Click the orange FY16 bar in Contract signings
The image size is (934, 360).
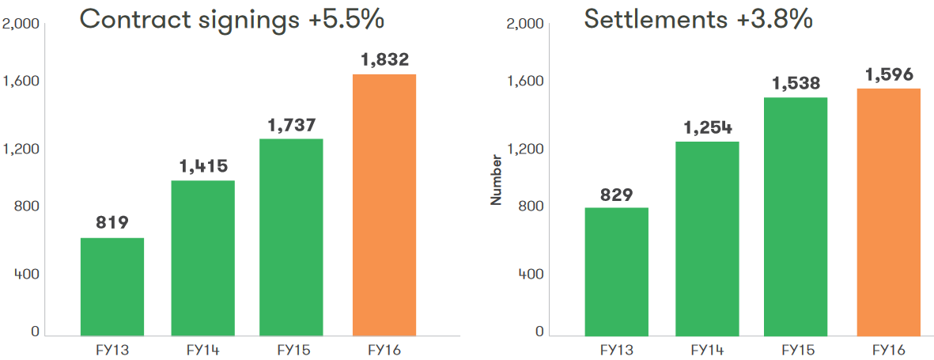click(x=384, y=204)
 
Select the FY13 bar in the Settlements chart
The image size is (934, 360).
click(x=616, y=271)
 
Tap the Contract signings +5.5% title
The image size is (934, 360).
click(x=232, y=19)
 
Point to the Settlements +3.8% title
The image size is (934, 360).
click(x=698, y=19)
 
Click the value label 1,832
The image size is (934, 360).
click(x=385, y=59)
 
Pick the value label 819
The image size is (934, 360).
click(x=112, y=223)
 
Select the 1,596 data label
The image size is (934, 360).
click(x=890, y=74)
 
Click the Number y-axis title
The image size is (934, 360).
click(x=497, y=180)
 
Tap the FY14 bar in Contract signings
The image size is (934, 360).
click(x=203, y=258)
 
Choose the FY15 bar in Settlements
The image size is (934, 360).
click(x=796, y=216)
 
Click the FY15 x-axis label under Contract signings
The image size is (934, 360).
click(x=292, y=349)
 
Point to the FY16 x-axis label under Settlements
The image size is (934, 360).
click(x=888, y=349)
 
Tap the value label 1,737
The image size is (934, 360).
click(x=292, y=124)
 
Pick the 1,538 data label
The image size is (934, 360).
click(x=796, y=83)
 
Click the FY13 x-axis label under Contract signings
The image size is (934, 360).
click(x=112, y=349)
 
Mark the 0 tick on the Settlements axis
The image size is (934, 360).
click(x=539, y=332)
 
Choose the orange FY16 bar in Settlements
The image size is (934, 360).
click(x=889, y=211)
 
